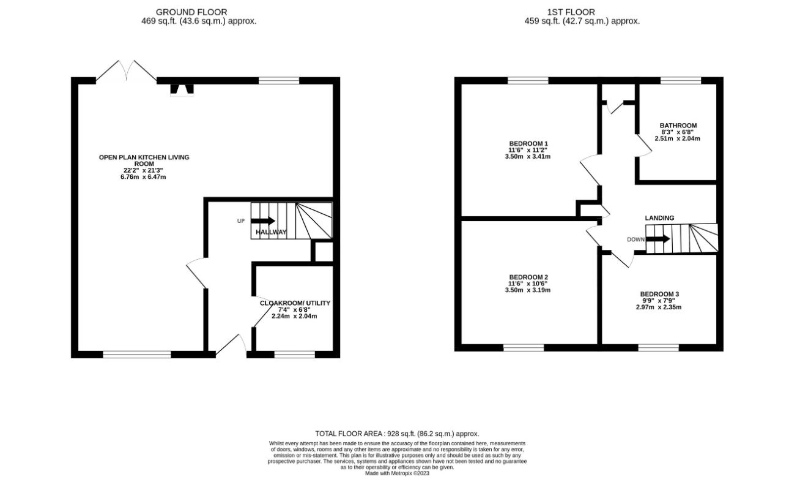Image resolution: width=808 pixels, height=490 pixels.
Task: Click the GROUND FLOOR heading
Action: [x=191, y=12]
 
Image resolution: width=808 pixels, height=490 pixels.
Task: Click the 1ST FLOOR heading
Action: [x=571, y=12]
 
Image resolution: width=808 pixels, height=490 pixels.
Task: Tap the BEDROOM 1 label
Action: [x=528, y=143]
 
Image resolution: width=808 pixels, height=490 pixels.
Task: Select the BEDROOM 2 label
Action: [x=528, y=277]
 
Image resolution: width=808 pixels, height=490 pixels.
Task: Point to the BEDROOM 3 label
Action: [x=659, y=294]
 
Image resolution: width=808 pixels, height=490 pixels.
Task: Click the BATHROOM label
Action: [x=678, y=126]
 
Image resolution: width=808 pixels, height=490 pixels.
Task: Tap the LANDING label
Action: [x=659, y=217]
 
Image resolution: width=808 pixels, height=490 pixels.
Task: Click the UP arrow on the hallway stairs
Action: [x=263, y=221]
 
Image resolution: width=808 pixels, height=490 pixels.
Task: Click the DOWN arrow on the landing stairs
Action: [x=658, y=239]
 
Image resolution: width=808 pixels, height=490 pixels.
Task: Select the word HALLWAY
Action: [x=271, y=232]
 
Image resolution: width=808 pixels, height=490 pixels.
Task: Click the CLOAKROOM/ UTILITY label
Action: [x=295, y=303]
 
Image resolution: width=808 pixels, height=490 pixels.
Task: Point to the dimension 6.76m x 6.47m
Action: [x=143, y=177]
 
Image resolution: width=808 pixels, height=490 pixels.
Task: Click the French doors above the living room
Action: [x=126, y=71]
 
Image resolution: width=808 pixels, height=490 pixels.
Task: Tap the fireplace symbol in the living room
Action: [x=182, y=89]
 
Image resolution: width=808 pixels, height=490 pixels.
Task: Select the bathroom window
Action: [x=681, y=80]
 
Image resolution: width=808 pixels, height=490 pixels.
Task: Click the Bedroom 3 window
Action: [x=658, y=347]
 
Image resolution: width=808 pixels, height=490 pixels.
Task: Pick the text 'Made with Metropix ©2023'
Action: [x=397, y=473]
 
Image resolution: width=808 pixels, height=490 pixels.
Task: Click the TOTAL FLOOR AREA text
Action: [x=397, y=434]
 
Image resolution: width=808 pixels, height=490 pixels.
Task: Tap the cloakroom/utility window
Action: [x=294, y=354]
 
